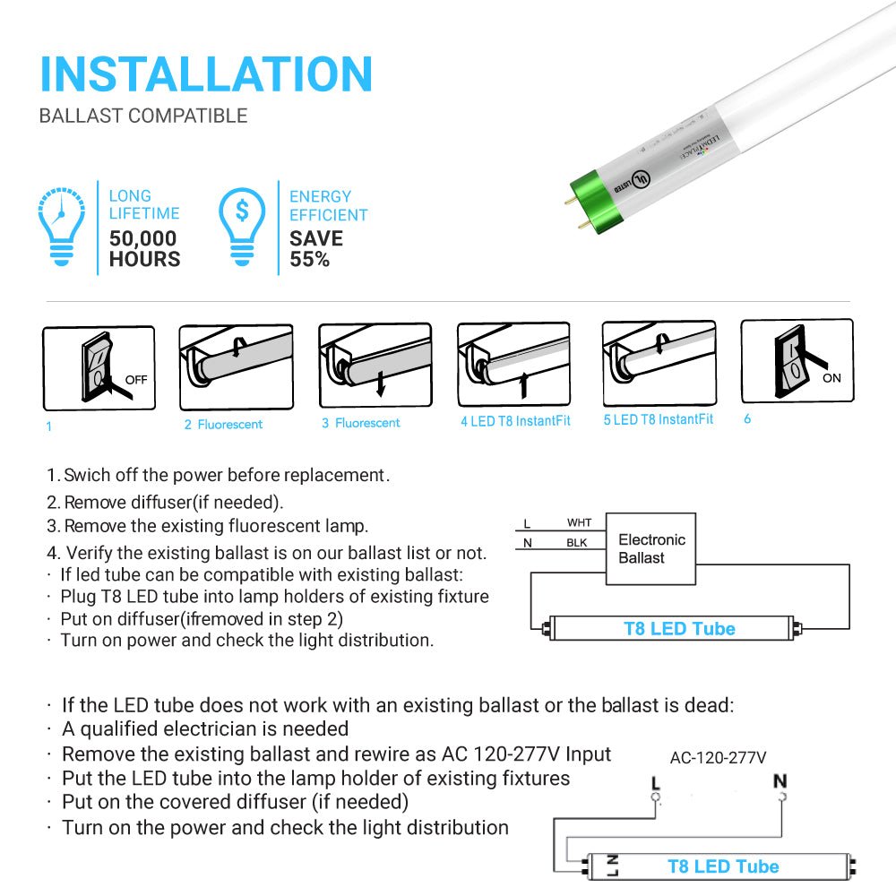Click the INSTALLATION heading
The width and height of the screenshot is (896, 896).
point(206,74)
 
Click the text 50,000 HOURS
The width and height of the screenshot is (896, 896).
point(144,249)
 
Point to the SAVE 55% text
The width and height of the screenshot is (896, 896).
point(315,249)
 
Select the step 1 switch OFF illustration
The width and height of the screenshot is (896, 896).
point(99,368)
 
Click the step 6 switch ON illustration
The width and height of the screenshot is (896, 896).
point(797,361)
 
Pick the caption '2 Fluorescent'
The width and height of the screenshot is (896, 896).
point(224,425)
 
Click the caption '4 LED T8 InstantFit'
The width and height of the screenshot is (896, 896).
point(515,421)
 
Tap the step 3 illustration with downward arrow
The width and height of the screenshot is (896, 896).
point(375,366)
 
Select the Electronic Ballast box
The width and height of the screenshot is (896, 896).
point(651,548)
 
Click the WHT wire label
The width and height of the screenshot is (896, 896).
point(579,522)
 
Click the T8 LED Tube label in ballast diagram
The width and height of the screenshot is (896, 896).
point(679,629)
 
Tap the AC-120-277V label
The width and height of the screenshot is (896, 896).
point(718,757)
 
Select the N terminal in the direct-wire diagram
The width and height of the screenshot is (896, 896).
point(780,782)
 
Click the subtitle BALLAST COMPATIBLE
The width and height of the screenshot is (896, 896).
point(143,116)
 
